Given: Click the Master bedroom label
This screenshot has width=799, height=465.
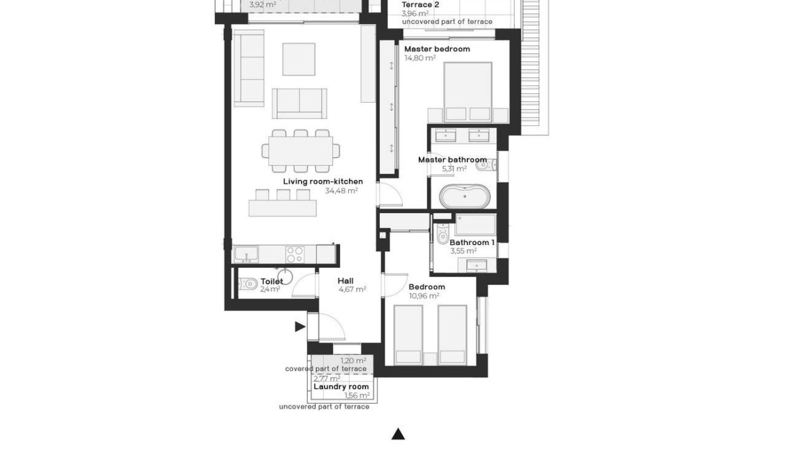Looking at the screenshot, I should coord(437,49).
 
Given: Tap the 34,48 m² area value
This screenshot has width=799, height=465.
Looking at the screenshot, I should coord(341,191).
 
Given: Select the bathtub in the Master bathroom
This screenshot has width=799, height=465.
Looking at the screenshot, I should coord(465,198).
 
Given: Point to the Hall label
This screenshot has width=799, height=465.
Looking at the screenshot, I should coord(346,280).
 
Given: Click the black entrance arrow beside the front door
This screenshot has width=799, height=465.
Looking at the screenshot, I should coord(300,326).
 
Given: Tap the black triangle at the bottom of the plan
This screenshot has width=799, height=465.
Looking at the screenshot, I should coord(398,434).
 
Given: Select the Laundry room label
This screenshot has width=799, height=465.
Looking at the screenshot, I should coord(341,386).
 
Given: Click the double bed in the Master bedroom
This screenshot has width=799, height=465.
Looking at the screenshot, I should coord(467,90).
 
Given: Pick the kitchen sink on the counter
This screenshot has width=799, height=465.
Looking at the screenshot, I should coord(248,254).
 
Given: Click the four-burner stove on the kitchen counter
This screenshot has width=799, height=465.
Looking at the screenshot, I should coord(295,254).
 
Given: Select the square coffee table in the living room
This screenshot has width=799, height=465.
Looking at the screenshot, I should coord(298,59).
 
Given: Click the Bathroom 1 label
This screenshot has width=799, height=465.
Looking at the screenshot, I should coord(472,242).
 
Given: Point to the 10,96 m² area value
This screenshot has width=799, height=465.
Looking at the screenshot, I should coord(424,296).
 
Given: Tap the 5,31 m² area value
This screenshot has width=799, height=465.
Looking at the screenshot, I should coord(454,169).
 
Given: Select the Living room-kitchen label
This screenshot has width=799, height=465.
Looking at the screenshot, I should coord(323,181).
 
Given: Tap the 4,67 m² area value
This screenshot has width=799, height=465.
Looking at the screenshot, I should coord(352,290).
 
